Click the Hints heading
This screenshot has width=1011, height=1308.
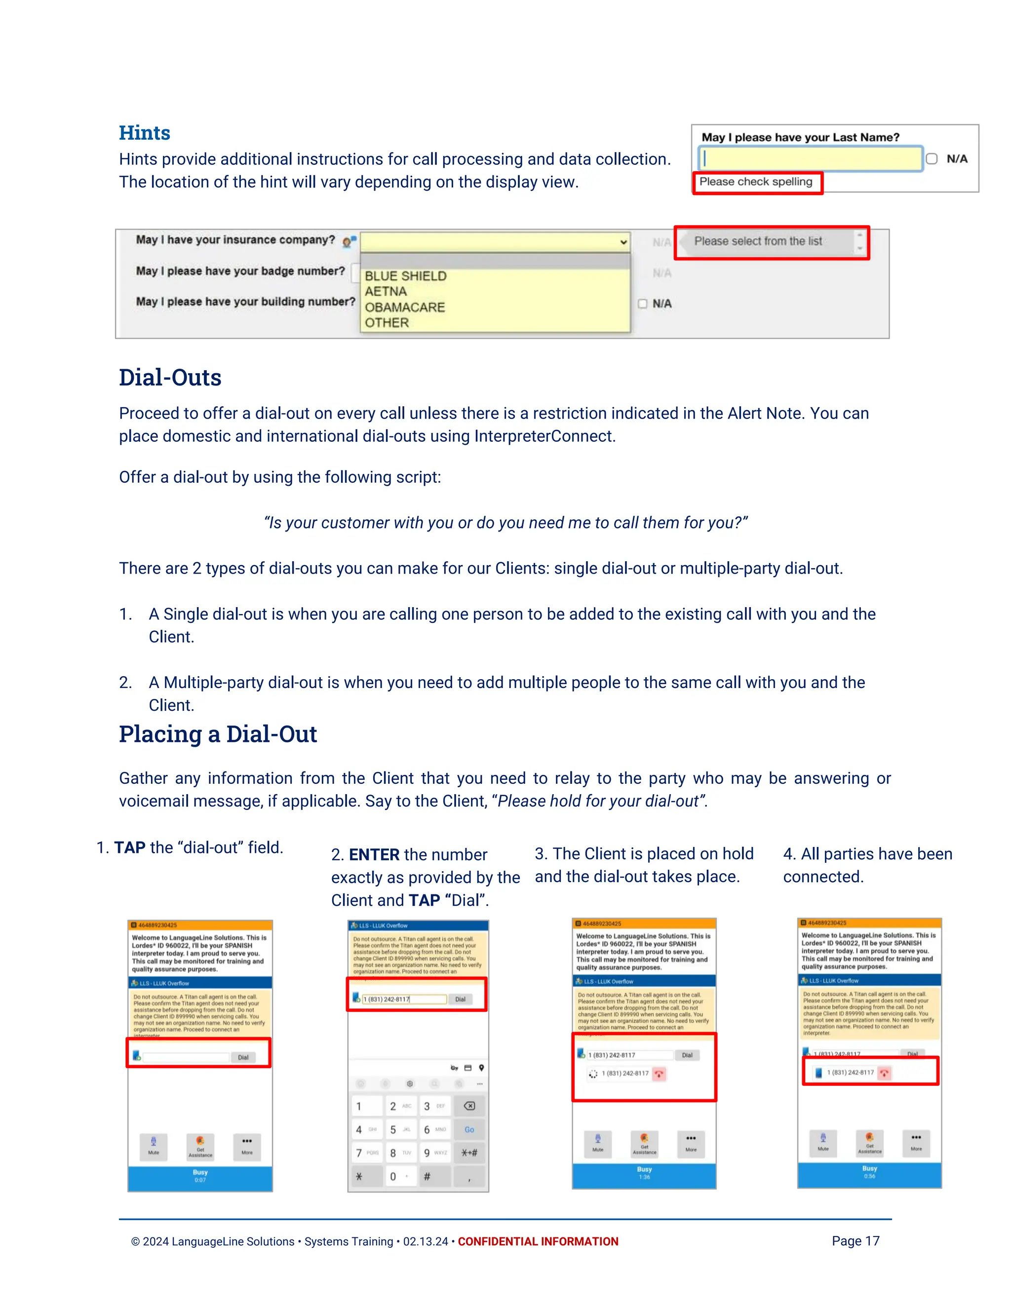tap(144, 133)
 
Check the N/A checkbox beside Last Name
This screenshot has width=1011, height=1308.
tap(932, 159)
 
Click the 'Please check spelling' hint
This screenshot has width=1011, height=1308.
tap(756, 182)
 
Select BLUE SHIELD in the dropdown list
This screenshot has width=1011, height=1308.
tap(405, 276)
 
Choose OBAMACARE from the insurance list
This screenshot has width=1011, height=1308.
tap(405, 307)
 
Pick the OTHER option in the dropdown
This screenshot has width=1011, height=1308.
tap(387, 323)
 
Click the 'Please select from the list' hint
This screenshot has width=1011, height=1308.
tap(758, 241)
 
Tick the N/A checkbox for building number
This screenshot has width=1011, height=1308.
tap(643, 304)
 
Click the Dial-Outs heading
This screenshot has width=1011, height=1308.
tap(170, 378)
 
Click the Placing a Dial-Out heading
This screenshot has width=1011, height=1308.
tap(218, 734)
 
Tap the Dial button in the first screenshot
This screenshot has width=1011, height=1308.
tap(243, 1057)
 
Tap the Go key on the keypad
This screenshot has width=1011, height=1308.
tap(469, 1129)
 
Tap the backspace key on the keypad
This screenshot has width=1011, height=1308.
tap(469, 1106)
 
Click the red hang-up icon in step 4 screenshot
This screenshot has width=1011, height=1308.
tap(884, 1073)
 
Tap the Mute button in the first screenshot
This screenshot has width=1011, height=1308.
tap(154, 1145)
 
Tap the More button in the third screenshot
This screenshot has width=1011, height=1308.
tap(691, 1142)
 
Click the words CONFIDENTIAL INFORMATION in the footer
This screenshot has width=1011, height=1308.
tap(538, 1241)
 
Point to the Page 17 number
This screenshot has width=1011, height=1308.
tap(855, 1241)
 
